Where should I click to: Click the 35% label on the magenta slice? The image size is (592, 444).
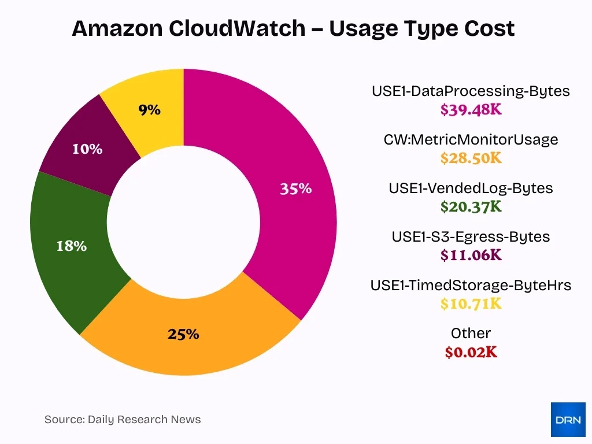coord(295,189)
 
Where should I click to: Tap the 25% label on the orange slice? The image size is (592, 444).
coord(183,334)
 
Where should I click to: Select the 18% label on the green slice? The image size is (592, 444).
coord(71,246)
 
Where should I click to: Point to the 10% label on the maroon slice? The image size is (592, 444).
coord(87,149)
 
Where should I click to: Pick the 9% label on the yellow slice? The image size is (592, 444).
coord(149,109)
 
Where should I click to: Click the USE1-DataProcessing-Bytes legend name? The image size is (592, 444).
coord(471,91)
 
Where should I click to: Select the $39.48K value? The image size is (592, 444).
coord(471,110)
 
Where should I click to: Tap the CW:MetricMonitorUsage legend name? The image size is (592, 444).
coord(471,139)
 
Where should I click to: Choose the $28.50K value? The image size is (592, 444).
coord(471,158)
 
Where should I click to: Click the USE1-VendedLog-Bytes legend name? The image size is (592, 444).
coord(471,188)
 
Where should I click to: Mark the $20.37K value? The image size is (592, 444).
coord(471,207)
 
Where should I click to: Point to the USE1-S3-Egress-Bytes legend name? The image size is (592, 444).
coord(471,236)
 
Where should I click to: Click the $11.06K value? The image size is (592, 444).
coord(471,256)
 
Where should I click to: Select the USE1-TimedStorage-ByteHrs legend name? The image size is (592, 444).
coord(471,285)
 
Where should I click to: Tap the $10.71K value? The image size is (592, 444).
coord(471,304)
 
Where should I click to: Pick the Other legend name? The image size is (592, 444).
coord(471,334)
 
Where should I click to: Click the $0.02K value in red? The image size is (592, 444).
coord(471,352)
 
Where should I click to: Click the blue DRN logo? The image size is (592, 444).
coord(568,419)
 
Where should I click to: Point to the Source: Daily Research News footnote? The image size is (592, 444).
coord(123,420)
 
